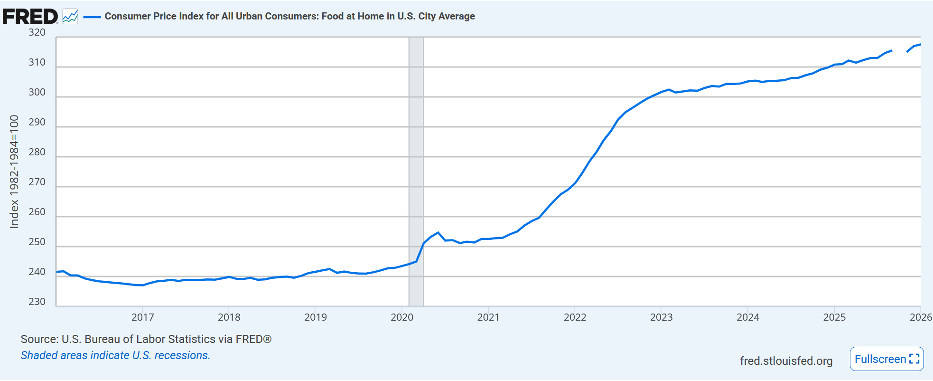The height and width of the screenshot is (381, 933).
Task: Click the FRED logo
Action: pos(30,17)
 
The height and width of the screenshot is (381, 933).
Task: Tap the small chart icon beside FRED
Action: pos(70,17)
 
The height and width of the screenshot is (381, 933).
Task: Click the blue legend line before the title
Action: pos(92,17)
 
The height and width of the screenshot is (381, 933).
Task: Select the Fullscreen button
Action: pos(886,359)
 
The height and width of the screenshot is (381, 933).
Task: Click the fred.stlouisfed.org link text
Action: pos(786,361)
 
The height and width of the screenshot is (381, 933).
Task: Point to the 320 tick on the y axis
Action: pos(37,32)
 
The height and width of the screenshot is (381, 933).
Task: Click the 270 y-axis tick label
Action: pos(37,182)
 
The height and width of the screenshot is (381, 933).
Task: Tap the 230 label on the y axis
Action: pos(37,302)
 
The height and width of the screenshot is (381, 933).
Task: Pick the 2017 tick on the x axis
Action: pos(142,317)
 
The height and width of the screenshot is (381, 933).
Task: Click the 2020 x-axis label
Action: pos(402,317)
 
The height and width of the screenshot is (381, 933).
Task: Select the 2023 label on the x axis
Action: pos(661,317)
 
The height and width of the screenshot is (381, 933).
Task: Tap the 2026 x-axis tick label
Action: pos(921,317)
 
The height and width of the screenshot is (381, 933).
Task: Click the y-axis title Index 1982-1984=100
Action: pos(14,171)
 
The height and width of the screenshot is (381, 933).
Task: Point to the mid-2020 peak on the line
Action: pos(438,233)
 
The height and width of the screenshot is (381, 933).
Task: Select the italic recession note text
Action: pos(115,355)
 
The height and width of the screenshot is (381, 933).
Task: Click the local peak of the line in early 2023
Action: pos(669,89)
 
